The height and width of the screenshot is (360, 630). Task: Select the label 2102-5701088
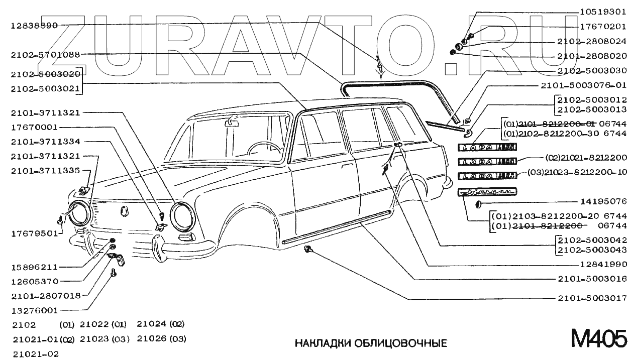click(x=48, y=54)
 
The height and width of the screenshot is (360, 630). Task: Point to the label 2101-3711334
click(x=48, y=142)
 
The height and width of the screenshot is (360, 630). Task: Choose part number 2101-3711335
click(x=48, y=171)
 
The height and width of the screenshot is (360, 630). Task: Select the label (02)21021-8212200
click(x=586, y=158)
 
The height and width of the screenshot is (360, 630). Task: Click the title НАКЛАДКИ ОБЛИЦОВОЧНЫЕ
click(x=370, y=343)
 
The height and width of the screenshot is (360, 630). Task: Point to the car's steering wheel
click(x=264, y=148)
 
